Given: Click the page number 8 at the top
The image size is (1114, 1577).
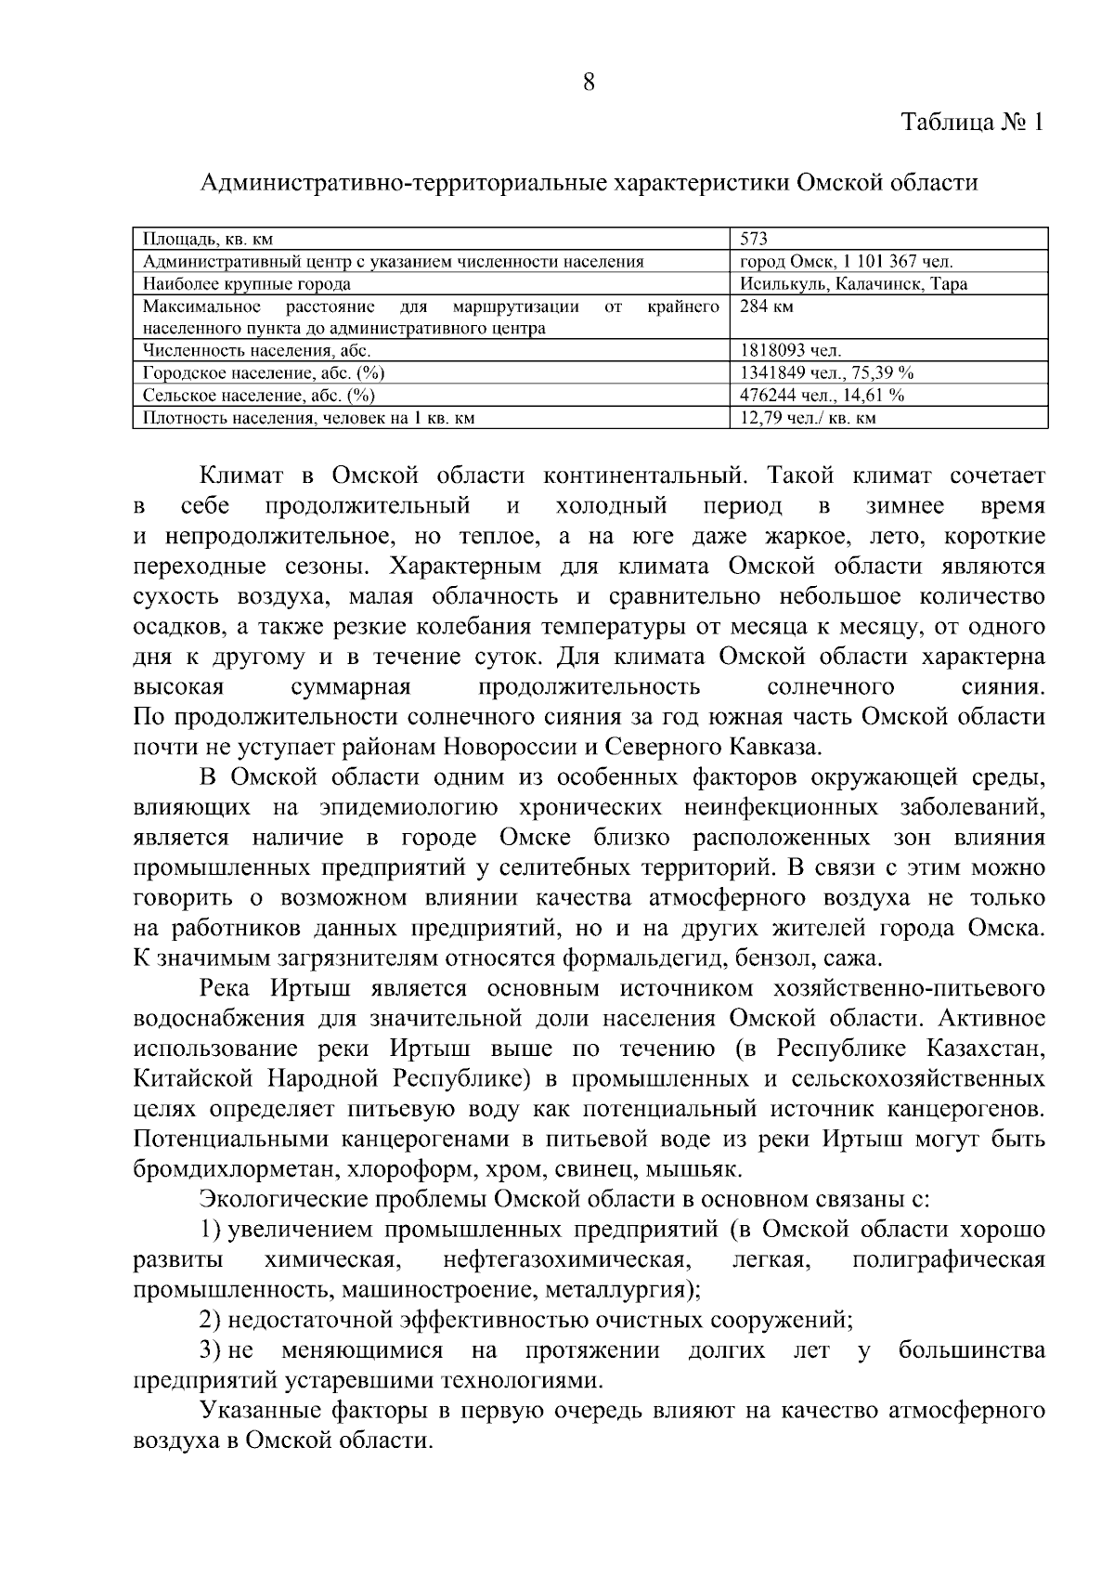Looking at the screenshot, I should [x=588, y=82].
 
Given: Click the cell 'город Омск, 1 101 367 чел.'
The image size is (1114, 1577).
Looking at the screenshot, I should [x=847, y=262].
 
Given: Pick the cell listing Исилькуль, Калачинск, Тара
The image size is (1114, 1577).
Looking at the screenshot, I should [x=853, y=284].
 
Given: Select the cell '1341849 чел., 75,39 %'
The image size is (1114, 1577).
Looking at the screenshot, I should [x=827, y=373].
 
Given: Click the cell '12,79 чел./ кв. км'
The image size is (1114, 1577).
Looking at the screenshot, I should [x=809, y=418].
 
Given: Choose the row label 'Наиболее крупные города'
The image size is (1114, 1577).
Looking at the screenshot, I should [x=247, y=284].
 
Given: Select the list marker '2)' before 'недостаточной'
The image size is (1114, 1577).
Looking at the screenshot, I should [x=211, y=1320].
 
